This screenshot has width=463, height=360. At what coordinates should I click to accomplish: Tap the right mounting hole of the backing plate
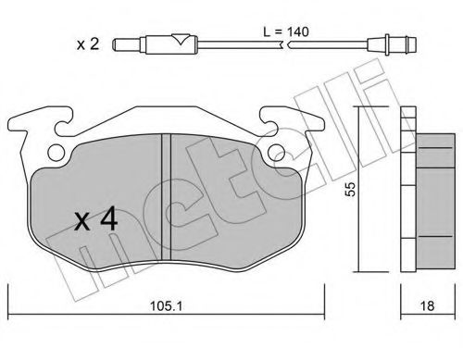(x=275, y=154)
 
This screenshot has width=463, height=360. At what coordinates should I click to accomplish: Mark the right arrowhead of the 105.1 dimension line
(x=321, y=289)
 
